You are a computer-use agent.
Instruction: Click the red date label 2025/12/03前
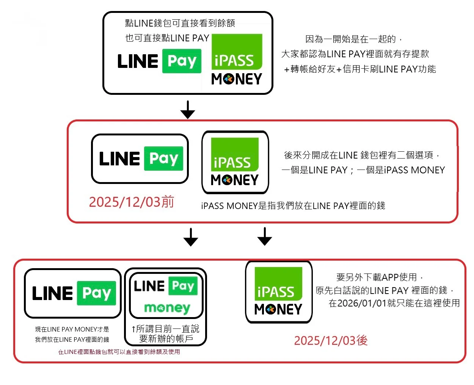131,202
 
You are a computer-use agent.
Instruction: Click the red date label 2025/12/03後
331,340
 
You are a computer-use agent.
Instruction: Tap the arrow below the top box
188,110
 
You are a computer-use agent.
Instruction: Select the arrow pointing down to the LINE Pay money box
191,237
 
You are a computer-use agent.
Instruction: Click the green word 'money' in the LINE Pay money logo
167,308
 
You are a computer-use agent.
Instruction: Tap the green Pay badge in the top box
182,61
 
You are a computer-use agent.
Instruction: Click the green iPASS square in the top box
237,52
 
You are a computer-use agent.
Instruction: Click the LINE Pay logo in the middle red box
140,159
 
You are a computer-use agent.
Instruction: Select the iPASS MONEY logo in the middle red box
235,162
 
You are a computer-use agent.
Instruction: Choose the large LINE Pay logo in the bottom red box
73,293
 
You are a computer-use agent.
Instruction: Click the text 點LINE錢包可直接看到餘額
180,23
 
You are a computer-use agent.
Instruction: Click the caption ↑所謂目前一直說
165,328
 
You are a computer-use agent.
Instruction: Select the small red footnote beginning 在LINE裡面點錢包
119,352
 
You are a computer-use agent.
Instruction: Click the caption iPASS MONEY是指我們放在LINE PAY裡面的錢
293,206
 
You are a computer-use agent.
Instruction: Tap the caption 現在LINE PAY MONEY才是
72,329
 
